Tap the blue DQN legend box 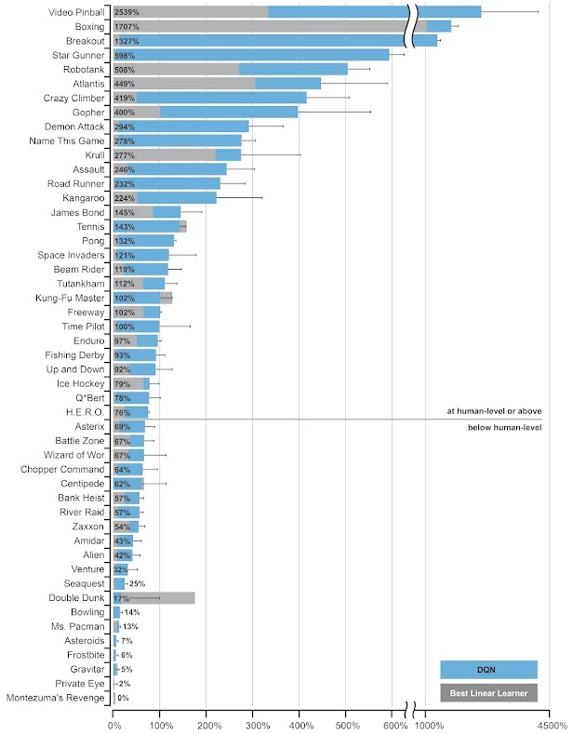(x=488, y=669)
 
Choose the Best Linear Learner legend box (x=488, y=692)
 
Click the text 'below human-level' (x=504, y=427)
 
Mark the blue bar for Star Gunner (x=251, y=55)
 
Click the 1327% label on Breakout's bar (x=127, y=41)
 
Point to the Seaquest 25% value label (x=137, y=583)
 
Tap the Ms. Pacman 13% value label (x=130, y=626)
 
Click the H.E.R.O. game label (x=86, y=412)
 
